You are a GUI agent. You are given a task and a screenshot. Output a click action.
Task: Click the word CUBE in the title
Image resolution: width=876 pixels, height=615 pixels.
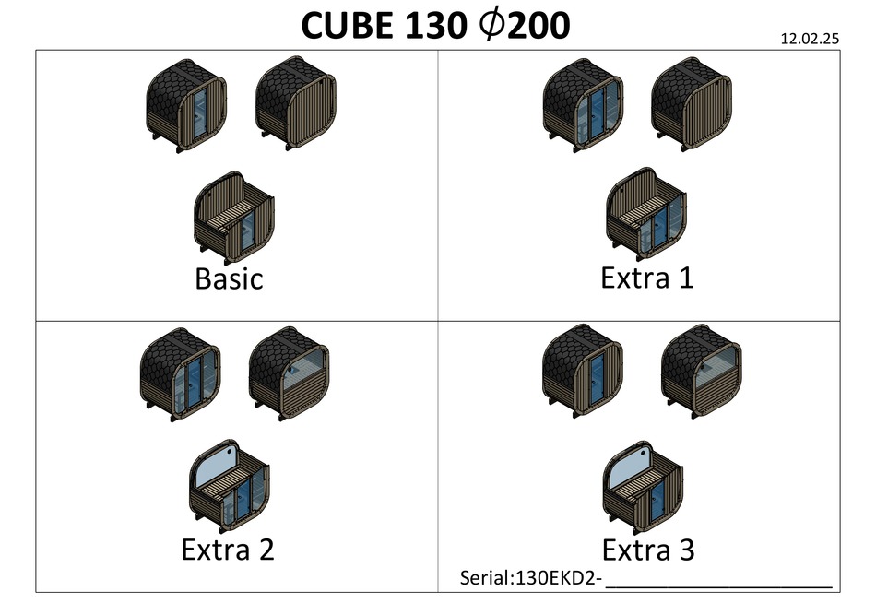348,28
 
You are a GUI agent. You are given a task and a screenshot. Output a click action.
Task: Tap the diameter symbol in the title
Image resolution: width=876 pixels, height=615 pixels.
496,28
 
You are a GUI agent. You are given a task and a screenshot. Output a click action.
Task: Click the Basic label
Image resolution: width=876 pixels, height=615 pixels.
229,278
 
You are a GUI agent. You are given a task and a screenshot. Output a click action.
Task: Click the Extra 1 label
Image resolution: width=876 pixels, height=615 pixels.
646,277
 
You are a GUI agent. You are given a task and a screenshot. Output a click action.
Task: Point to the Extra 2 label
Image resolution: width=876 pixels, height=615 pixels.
228,550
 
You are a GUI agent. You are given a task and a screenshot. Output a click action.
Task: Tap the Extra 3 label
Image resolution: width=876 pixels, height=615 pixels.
647,550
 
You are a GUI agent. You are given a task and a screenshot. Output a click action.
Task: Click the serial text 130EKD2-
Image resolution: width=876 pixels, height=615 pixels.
530,578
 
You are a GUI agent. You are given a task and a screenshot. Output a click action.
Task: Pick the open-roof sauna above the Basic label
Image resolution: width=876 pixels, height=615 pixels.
235,214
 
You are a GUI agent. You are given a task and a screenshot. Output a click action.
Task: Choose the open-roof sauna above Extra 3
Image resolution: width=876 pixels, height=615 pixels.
645,486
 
